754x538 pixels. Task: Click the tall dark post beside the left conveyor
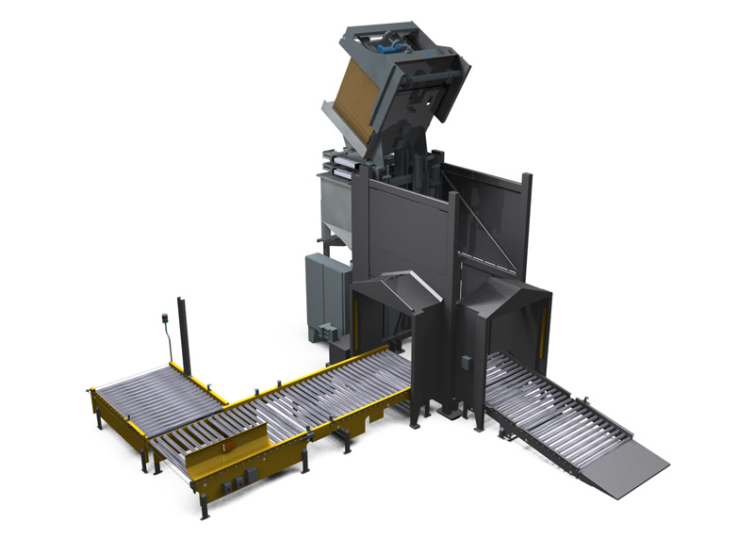[184, 335]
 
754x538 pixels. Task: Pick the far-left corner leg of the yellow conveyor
[97, 415]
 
